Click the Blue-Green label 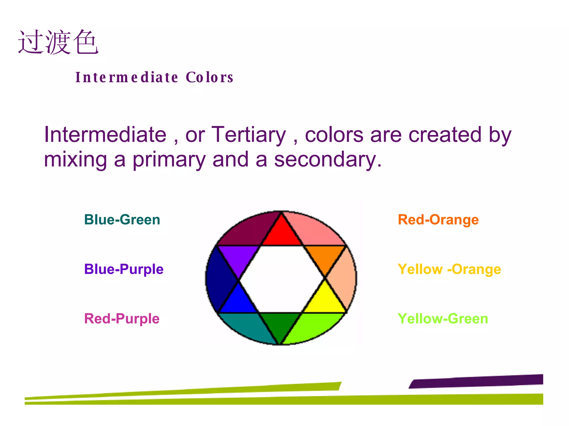[122, 220]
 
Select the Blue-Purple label [124, 269]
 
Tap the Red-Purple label [122, 318]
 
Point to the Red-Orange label [438, 220]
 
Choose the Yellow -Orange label [449, 269]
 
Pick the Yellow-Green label [443, 318]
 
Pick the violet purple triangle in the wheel [239, 257]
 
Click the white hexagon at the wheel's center [281, 279]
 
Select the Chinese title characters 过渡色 [58, 42]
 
